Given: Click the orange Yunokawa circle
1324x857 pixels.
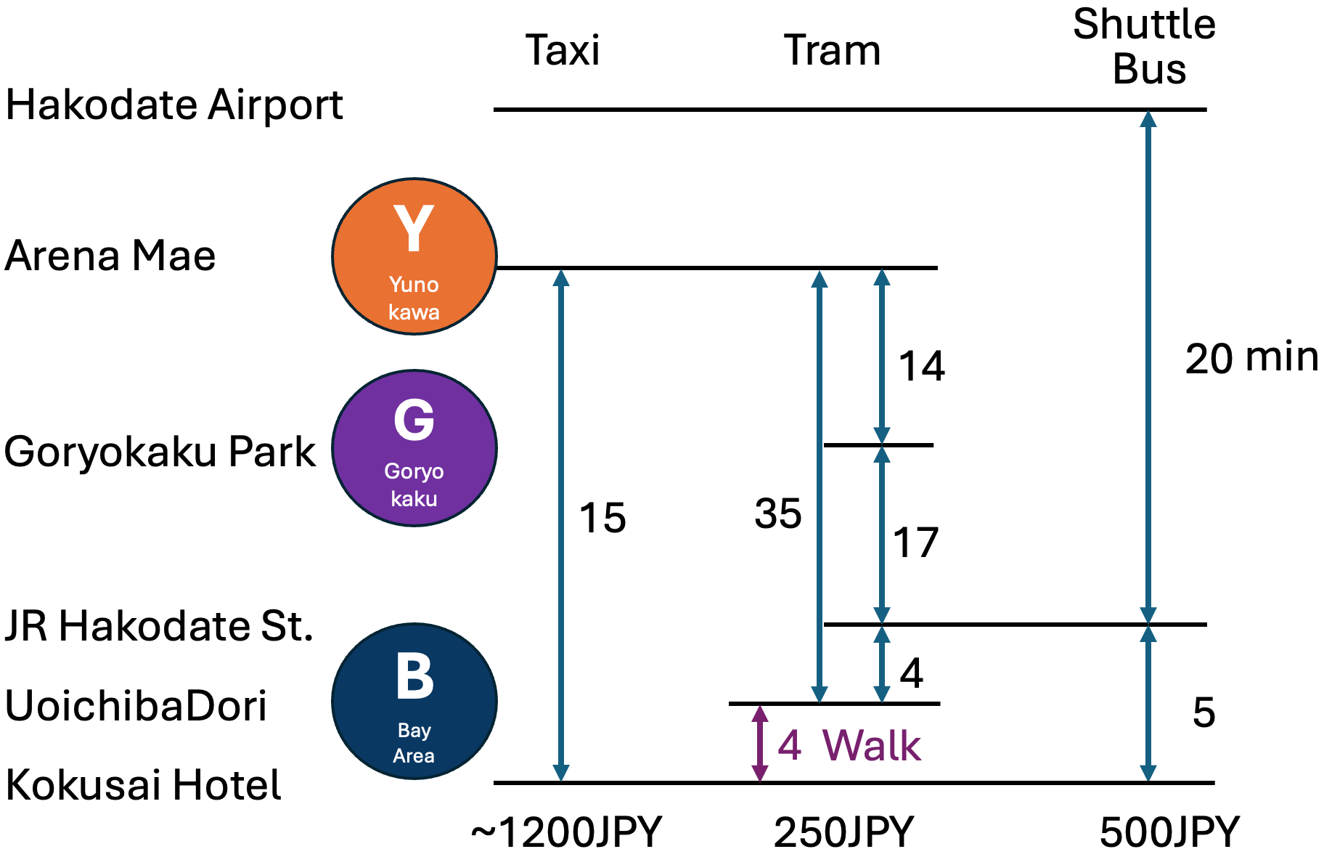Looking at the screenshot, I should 414,256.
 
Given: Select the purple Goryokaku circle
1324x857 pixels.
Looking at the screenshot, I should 414,448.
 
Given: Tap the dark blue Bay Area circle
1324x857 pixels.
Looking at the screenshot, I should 414,701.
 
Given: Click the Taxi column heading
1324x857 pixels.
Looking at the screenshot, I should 563,51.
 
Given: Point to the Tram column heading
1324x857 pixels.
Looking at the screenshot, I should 832,51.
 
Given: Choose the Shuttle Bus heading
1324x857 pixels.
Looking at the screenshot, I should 1145,47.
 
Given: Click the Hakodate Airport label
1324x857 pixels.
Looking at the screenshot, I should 174,105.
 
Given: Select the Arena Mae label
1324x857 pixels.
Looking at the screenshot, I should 110,256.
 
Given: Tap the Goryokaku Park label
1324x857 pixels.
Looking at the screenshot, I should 160,452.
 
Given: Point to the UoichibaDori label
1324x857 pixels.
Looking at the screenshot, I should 136,705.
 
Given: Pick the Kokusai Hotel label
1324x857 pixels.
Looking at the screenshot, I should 143,785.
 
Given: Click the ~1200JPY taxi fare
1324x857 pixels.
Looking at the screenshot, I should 566,832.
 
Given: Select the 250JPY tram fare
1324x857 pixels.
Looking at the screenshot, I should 843,832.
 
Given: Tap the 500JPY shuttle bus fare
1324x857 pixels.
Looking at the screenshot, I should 1169,832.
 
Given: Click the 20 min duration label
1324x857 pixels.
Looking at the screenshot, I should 1251,358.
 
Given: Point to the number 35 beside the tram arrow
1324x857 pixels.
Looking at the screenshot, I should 778,513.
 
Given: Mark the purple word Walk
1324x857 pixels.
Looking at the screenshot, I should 872,745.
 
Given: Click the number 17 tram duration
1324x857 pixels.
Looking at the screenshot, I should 916,543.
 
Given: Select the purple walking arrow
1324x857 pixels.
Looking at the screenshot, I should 759,743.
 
